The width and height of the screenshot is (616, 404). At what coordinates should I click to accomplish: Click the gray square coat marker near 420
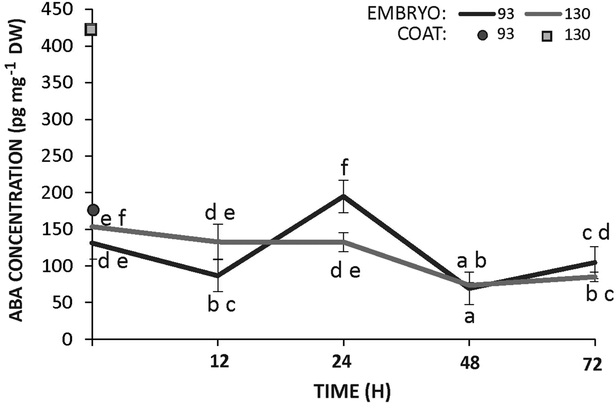pyautogui.click(x=91, y=29)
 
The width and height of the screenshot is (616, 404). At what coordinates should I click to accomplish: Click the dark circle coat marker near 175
pyautogui.click(x=93, y=210)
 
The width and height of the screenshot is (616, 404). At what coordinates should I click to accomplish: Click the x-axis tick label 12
pyautogui.click(x=218, y=363)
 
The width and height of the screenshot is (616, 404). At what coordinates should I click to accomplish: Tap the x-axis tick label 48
pyautogui.click(x=469, y=364)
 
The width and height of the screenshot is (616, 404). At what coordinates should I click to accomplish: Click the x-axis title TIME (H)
pyautogui.click(x=352, y=390)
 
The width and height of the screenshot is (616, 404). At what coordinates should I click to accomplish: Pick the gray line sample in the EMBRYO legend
pyautogui.click(x=544, y=14)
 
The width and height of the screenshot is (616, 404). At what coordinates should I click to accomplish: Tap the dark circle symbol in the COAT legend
pyautogui.click(x=483, y=35)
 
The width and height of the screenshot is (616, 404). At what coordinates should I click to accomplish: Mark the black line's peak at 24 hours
pyautogui.click(x=344, y=196)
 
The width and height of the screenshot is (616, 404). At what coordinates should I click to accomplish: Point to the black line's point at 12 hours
pyautogui.click(x=218, y=276)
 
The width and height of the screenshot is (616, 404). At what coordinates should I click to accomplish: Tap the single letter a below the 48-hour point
pyautogui.click(x=469, y=317)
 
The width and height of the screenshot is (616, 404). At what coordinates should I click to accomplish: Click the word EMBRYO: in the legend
pyautogui.click(x=407, y=14)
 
